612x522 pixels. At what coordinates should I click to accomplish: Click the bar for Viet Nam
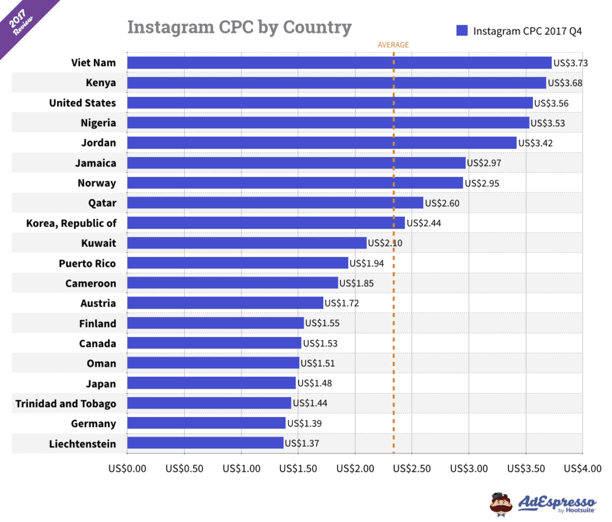[339, 63]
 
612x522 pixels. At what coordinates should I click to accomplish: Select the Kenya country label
[101, 82]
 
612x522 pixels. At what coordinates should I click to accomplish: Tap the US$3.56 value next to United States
[551, 103]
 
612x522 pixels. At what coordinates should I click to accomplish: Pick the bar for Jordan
[322, 143]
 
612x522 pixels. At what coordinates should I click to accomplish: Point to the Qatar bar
[275, 203]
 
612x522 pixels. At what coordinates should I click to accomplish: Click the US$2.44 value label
[423, 223]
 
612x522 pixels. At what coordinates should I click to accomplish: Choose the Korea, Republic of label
[71, 223]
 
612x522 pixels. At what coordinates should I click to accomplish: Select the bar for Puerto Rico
[237, 263]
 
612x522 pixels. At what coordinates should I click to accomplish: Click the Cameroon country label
[91, 283]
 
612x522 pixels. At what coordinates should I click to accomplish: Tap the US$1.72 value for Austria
[342, 303]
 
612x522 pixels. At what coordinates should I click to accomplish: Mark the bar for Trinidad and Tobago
[209, 403]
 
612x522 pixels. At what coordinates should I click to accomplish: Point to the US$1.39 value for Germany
[304, 423]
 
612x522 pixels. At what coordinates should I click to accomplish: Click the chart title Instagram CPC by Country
[239, 27]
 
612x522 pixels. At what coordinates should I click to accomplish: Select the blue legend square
[462, 30]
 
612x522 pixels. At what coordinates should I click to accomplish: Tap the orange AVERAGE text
[393, 45]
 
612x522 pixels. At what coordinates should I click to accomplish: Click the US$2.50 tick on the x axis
[412, 468]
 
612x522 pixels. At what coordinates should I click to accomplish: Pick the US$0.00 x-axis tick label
[127, 468]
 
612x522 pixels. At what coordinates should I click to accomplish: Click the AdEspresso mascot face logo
[501, 503]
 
